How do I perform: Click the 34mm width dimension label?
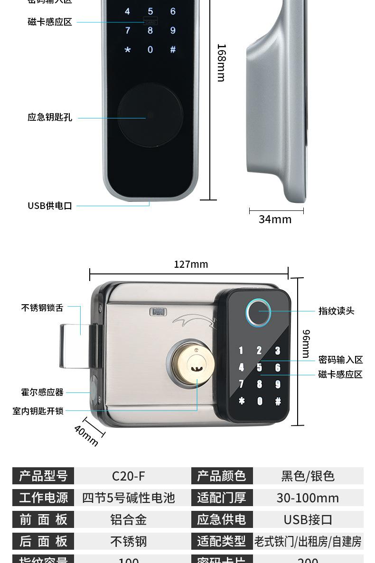click(x=275, y=219)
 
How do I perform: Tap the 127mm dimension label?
click(x=191, y=264)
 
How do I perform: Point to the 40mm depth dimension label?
click(x=86, y=436)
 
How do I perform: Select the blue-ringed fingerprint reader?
click(x=258, y=312)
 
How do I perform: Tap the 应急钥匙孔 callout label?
click(x=50, y=118)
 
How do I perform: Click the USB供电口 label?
click(x=50, y=206)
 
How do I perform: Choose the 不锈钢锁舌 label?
click(x=42, y=308)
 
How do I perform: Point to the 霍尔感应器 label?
click(x=42, y=392)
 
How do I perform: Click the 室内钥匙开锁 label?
click(x=38, y=411)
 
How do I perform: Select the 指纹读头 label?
click(x=336, y=311)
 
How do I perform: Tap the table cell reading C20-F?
click(x=129, y=476)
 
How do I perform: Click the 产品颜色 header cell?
click(x=222, y=476)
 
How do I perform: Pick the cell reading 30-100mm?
click(x=308, y=498)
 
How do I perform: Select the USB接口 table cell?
click(x=308, y=520)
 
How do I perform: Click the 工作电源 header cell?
click(x=44, y=498)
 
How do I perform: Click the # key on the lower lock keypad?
click(x=278, y=401)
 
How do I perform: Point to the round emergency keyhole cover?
click(x=150, y=115)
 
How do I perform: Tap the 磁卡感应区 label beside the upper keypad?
click(x=50, y=22)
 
